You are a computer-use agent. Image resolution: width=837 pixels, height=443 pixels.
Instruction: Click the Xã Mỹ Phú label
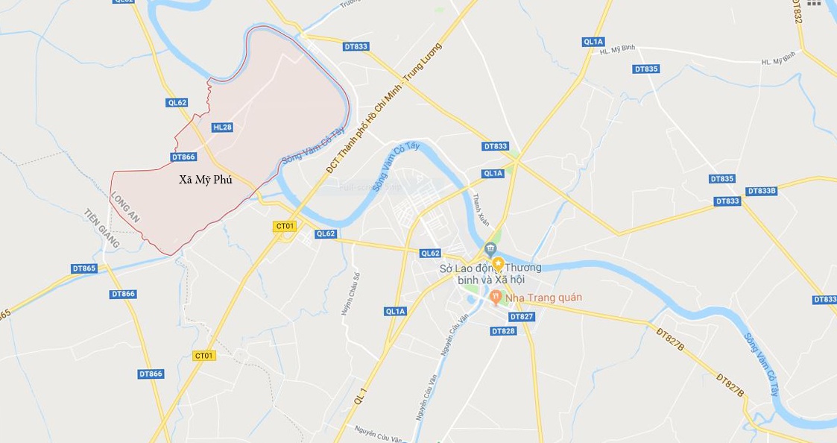click(x=206, y=180)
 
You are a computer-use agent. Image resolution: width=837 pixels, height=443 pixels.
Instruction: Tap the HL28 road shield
click(x=222, y=128)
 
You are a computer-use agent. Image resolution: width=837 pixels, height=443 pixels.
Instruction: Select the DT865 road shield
click(x=84, y=268)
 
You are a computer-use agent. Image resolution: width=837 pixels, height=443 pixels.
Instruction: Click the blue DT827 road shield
click(x=522, y=316)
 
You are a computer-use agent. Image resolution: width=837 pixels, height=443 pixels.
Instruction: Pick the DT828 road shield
click(x=504, y=330)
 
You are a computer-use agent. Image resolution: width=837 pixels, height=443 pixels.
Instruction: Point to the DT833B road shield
click(x=761, y=191)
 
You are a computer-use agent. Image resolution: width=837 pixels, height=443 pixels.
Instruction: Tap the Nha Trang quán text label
click(x=543, y=298)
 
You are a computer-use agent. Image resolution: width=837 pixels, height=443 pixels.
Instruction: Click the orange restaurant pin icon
click(x=496, y=298)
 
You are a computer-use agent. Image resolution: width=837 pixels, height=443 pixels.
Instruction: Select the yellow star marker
click(x=498, y=264)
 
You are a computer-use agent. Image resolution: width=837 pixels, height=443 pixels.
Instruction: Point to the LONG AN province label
click(x=124, y=207)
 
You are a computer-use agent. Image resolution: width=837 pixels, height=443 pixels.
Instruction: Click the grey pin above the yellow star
click(x=490, y=248)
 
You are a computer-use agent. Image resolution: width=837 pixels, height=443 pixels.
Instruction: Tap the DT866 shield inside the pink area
click(x=183, y=157)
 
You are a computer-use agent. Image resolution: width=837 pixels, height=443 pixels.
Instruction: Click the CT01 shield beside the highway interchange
click(x=285, y=226)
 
